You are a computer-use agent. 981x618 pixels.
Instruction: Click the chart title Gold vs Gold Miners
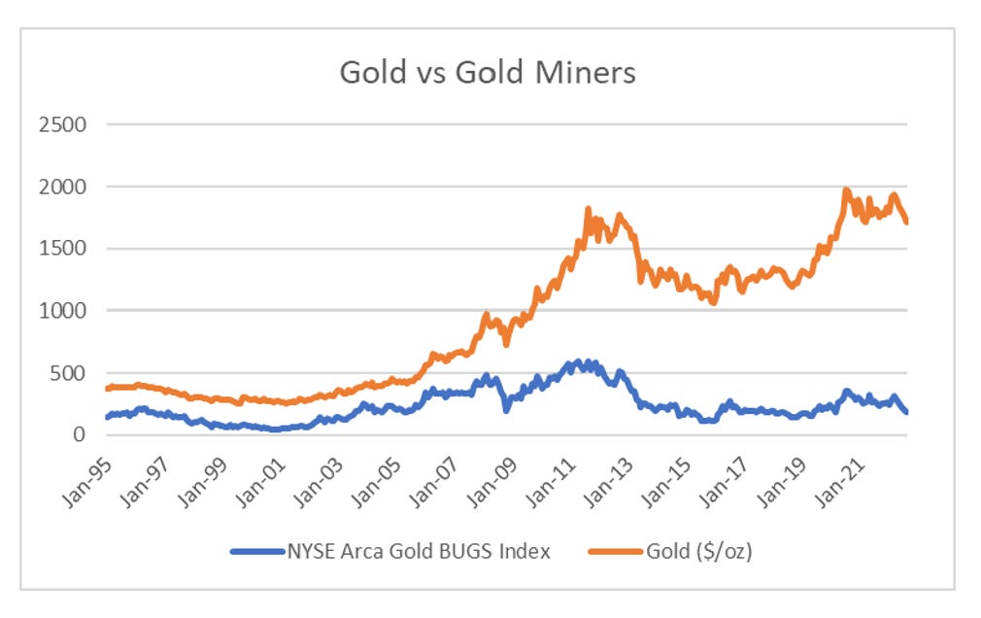pyautogui.click(x=487, y=73)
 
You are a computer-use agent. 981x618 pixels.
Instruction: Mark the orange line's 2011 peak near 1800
pyautogui.click(x=588, y=209)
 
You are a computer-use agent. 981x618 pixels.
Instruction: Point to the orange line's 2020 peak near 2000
pyautogui.click(x=846, y=191)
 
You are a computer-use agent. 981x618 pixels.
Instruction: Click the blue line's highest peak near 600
pyautogui.click(x=580, y=362)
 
